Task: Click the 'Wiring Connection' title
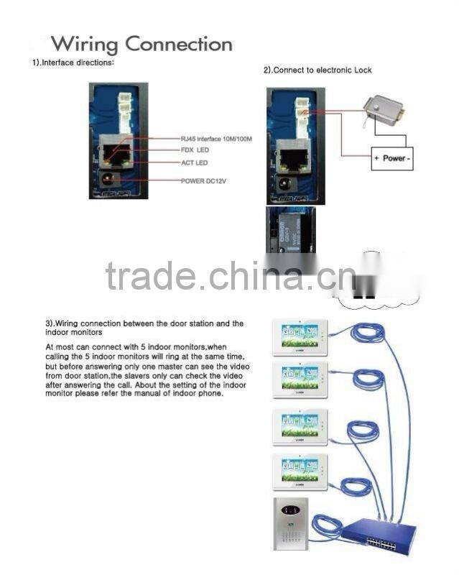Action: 142,45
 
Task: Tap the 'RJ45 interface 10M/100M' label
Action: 216,138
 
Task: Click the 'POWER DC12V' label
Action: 203,180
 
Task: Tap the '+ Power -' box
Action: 392,158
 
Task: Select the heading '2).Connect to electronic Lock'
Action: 317,70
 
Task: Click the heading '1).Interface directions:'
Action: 73,63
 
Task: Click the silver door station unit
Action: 290,523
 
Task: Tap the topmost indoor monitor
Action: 300,336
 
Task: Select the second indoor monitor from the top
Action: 300,379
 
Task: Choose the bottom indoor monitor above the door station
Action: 300,471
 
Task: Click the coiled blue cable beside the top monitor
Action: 366,333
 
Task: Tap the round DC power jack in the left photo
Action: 111,180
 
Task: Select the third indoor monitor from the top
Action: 300,426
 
